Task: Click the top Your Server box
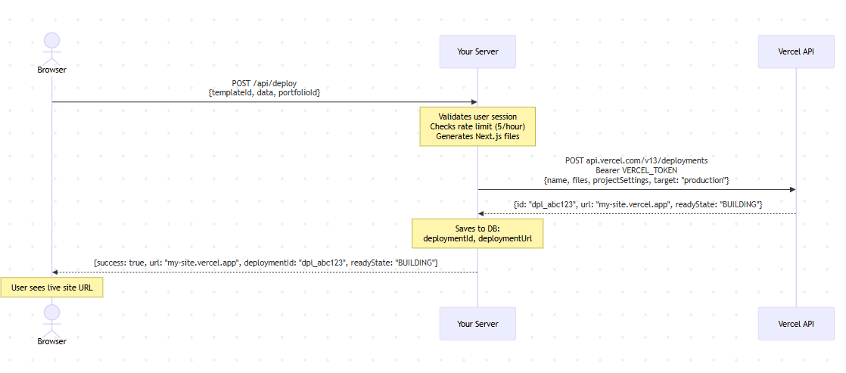[477, 51]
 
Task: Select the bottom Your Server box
[477, 324]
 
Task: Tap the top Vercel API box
[796, 51]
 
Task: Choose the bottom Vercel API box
[796, 324]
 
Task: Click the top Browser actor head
[51, 41]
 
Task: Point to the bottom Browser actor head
[51, 312]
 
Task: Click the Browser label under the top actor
[51, 70]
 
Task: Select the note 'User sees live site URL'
[51, 288]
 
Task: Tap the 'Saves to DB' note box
[477, 233]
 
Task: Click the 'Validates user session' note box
[477, 126]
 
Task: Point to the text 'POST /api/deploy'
[264, 83]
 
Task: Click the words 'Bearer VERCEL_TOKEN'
[636, 170]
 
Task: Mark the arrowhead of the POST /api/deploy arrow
[474, 102]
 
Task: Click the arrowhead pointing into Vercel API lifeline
[792, 189]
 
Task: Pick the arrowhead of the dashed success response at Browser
[55, 272]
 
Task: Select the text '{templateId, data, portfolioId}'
[264, 93]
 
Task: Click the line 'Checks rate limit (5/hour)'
[477, 126]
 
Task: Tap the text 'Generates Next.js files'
[477, 136]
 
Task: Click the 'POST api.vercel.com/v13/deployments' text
[636, 160]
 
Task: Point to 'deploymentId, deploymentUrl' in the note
[477, 238]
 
